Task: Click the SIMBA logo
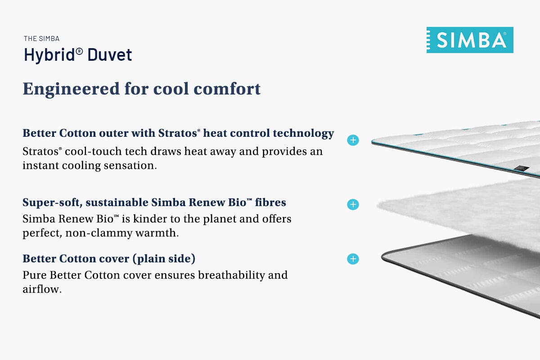coord(470,40)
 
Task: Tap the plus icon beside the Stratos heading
coord(353,140)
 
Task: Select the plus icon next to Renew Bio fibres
coord(353,205)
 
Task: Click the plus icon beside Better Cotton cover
coord(353,259)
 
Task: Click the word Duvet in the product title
coord(110,55)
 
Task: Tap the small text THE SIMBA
coord(41,39)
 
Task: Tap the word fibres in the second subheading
coord(270,202)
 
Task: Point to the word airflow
coord(42,289)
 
